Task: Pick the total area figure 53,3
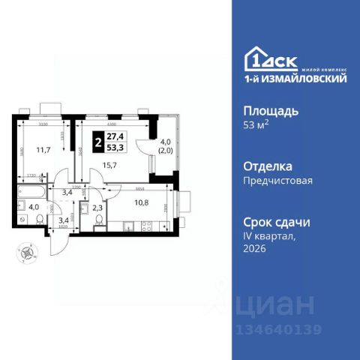pyautogui.click(x=116, y=148)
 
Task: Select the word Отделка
pyautogui.click(x=268, y=166)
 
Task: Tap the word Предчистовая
pyautogui.click(x=277, y=181)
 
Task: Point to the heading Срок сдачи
pyautogui.click(x=277, y=222)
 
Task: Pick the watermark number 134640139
pyautogui.click(x=277, y=328)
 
